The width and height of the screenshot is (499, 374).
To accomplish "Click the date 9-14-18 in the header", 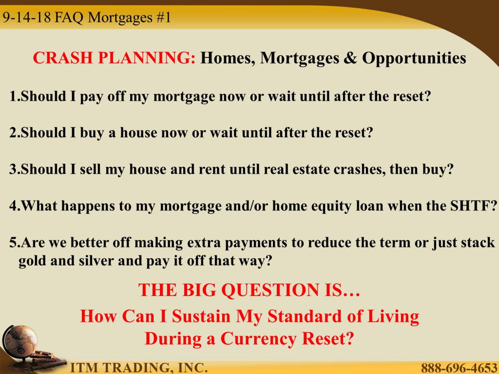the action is tap(27, 17).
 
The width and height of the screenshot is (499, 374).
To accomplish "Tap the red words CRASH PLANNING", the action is tap(114, 58).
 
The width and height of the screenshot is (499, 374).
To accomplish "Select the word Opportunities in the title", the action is tap(414, 58).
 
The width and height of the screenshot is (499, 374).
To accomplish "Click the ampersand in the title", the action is tap(350, 58).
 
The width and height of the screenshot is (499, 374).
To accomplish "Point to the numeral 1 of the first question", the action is tap(13, 96).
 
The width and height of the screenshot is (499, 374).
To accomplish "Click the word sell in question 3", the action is tap(90, 169).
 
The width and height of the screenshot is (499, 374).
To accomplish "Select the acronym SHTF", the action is tap(473, 206).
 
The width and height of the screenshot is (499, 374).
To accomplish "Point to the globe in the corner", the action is tap(19, 340).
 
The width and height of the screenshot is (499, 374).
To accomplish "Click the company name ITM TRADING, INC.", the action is tap(138, 367).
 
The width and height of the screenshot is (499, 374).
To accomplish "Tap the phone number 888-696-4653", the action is tap(459, 368).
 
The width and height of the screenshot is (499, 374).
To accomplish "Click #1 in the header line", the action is tap(164, 17).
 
